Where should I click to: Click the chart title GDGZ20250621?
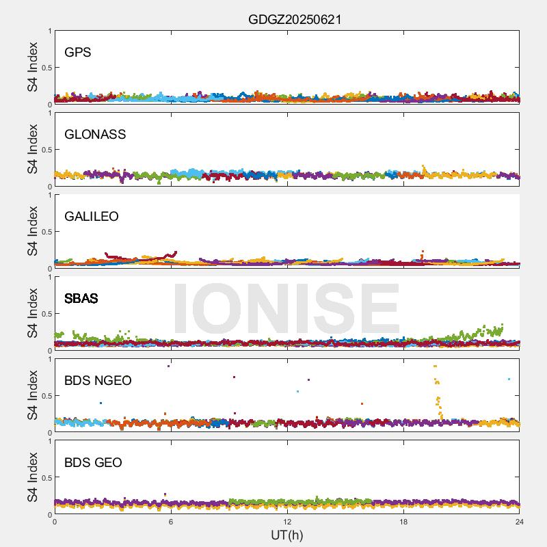pyautogui.click(x=295, y=20)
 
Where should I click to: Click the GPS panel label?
pyautogui.click(x=78, y=52)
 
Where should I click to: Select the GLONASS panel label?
pyautogui.click(x=95, y=134)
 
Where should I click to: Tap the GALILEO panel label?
pyautogui.click(x=92, y=216)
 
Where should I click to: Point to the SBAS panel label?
pyautogui.click(x=81, y=298)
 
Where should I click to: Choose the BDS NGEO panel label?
pyautogui.click(x=98, y=380)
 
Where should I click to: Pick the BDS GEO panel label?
pyautogui.click(x=93, y=462)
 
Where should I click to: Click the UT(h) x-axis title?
pyautogui.click(x=286, y=534)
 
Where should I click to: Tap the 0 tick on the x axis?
pyautogui.click(x=55, y=522)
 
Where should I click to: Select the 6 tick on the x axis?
pyautogui.click(x=171, y=522)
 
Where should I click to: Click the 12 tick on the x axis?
pyautogui.click(x=287, y=522)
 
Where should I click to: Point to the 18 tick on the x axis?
pyautogui.click(x=403, y=522)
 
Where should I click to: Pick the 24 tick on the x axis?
pyautogui.click(x=520, y=522)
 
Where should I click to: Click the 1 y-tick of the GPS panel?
pyautogui.click(x=49, y=31)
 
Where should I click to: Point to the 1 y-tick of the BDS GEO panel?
pyautogui.click(x=49, y=441)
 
